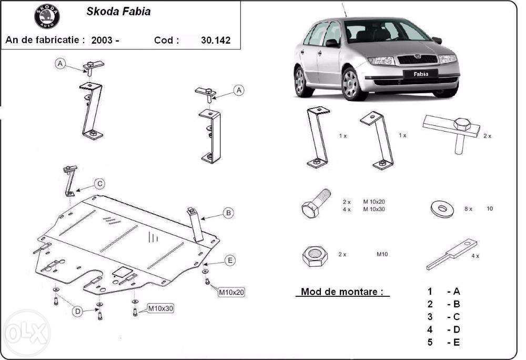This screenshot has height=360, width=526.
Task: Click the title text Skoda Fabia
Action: [x=118, y=12]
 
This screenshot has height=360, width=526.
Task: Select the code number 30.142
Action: [x=216, y=40]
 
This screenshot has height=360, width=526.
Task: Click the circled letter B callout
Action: [x=228, y=213]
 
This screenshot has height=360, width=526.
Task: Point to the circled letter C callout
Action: [x=99, y=184]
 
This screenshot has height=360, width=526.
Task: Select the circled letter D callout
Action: [x=77, y=312]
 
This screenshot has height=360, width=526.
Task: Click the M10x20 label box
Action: [x=232, y=291]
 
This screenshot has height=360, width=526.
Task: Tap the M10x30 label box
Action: [x=160, y=308]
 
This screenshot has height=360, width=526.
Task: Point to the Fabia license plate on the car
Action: [x=416, y=74]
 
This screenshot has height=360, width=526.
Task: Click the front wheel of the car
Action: [x=353, y=84]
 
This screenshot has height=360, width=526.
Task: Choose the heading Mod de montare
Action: [x=342, y=292]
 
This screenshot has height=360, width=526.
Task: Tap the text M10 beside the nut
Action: [x=382, y=254]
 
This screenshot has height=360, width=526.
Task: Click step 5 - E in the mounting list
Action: [x=444, y=343]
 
